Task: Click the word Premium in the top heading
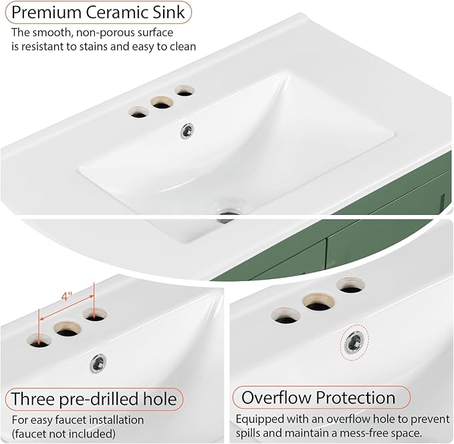[47, 12]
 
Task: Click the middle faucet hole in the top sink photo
[162, 103]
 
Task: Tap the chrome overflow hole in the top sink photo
[187, 132]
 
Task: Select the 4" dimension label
[66, 296]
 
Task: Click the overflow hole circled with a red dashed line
[354, 343]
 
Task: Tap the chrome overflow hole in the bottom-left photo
[98, 363]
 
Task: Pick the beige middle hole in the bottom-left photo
[68, 330]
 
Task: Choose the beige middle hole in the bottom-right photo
[318, 302]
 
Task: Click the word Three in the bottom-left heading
[33, 399]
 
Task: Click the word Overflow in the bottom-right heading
[276, 398]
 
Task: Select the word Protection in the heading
[355, 398]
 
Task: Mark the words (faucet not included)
[64, 434]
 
